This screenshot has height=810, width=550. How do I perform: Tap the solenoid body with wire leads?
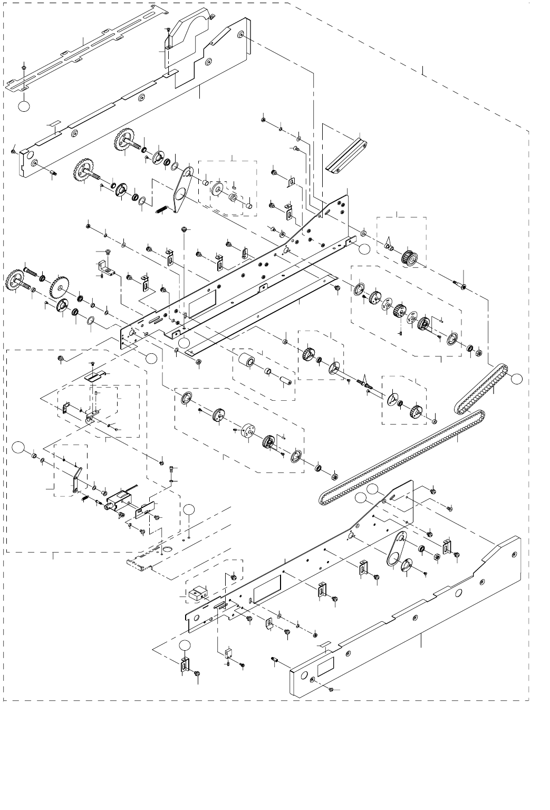click(119, 499)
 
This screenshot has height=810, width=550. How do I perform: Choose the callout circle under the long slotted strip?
click(23, 105)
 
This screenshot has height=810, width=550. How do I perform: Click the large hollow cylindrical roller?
click(246, 362)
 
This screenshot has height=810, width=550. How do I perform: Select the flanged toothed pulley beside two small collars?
click(409, 258)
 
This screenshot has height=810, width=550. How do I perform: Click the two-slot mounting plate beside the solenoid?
click(145, 510)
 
